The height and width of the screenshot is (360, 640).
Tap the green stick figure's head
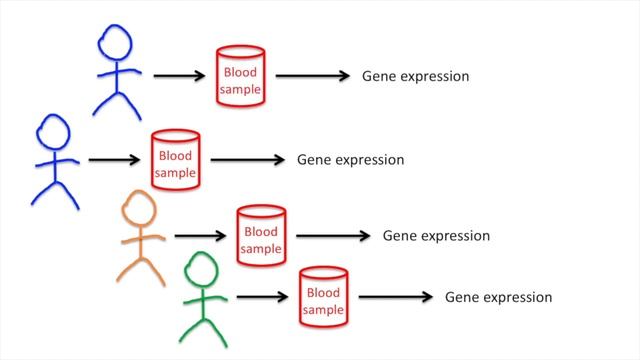201,269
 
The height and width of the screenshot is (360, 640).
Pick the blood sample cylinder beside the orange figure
261,236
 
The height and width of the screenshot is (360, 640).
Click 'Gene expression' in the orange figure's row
436,236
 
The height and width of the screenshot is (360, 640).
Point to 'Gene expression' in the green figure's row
498,297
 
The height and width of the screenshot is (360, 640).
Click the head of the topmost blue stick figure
114,42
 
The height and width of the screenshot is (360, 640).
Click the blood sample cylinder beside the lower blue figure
176,160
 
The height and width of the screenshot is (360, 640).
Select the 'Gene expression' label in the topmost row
415,76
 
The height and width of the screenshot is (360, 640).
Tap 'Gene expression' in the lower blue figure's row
350,160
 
